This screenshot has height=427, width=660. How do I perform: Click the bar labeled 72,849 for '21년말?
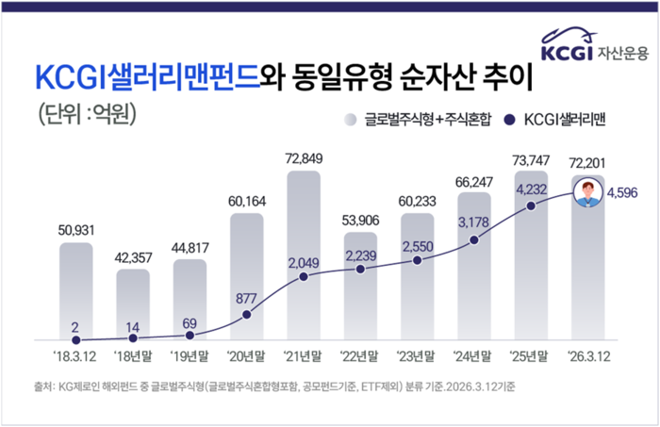click(x=304, y=255)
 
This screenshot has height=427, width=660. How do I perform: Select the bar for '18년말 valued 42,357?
click(x=133, y=304)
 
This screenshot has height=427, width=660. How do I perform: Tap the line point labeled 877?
click(x=247, y=314)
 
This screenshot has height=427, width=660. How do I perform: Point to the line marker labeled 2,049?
click(x=304, y=277)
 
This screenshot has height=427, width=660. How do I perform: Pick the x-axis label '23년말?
click(x=418, y=357)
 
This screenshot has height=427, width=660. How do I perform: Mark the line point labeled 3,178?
click(x=474, y=240)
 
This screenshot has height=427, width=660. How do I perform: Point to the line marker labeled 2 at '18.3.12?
click(x=76, y=339)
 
